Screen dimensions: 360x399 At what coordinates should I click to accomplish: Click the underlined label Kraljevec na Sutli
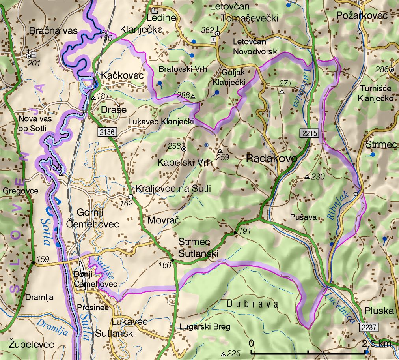(173, 189)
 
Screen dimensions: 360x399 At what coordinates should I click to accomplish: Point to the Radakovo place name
(271, 159)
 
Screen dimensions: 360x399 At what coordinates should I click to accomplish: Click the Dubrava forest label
(253, 304)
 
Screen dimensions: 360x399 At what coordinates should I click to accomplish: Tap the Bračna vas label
(53, 31)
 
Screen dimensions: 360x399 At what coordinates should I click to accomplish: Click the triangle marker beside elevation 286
(193, 96)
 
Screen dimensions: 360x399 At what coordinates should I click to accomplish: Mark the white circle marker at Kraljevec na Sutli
(131, 196)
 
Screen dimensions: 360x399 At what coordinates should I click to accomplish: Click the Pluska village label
(379, 311)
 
